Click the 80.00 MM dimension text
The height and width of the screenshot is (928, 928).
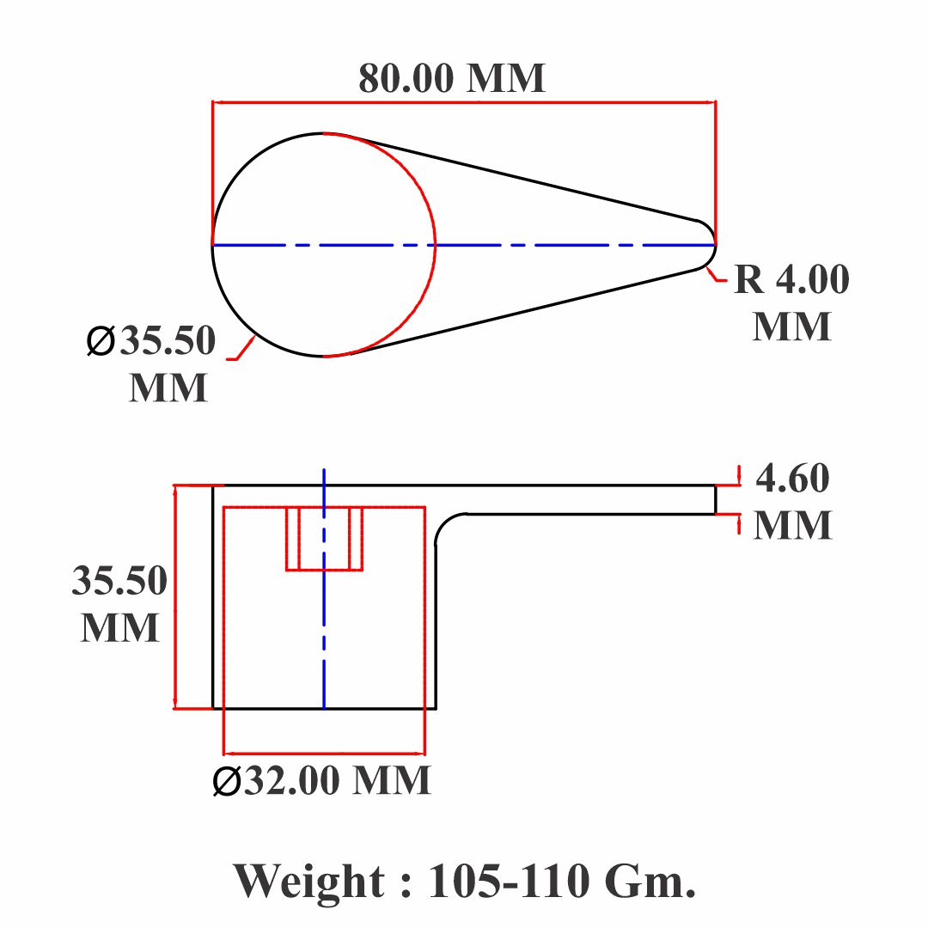coord(452,78)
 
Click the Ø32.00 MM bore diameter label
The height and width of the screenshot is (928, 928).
coord(322,780)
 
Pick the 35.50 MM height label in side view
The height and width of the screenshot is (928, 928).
coord(119,603)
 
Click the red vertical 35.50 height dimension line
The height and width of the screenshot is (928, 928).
coord(175,597)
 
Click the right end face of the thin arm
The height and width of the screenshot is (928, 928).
coord(716,500)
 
